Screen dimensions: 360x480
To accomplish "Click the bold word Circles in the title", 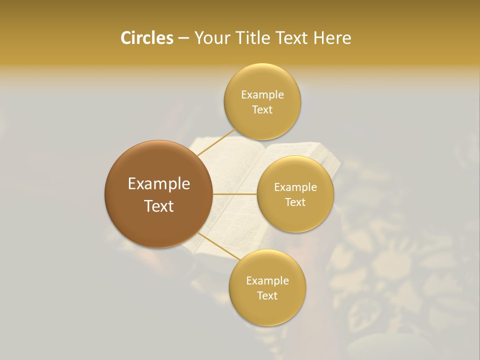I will [x=146, y=38].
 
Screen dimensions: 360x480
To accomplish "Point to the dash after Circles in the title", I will [x=183, y=38].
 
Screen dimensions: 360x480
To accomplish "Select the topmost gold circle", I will [x=262, y=101].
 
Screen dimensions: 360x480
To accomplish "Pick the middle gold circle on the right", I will [x=295, y=194].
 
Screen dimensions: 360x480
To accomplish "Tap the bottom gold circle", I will [x=267, y=287].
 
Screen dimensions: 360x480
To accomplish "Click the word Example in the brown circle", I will [x=159, y=184].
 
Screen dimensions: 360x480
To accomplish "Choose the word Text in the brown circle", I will [x=159, y=206].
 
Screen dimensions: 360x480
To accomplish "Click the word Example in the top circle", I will [x=262, y=94].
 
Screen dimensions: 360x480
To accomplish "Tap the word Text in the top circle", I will [x=262, y=109].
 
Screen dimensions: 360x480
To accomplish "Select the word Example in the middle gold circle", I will [x=295, y=187].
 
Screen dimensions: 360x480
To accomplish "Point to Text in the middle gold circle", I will [x=295, y=202].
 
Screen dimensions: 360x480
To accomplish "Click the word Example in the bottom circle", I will [x=267, y=280].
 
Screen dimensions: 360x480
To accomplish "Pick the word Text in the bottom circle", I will [x=267, y=295].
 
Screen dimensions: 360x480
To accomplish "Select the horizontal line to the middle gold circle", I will [x=234, y=194].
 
